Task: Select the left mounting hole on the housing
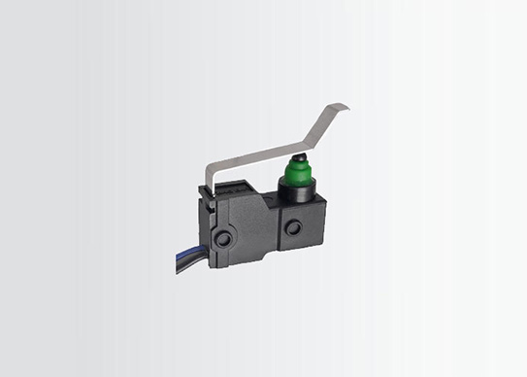point(225,238)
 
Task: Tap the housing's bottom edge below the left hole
point(233,267)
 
